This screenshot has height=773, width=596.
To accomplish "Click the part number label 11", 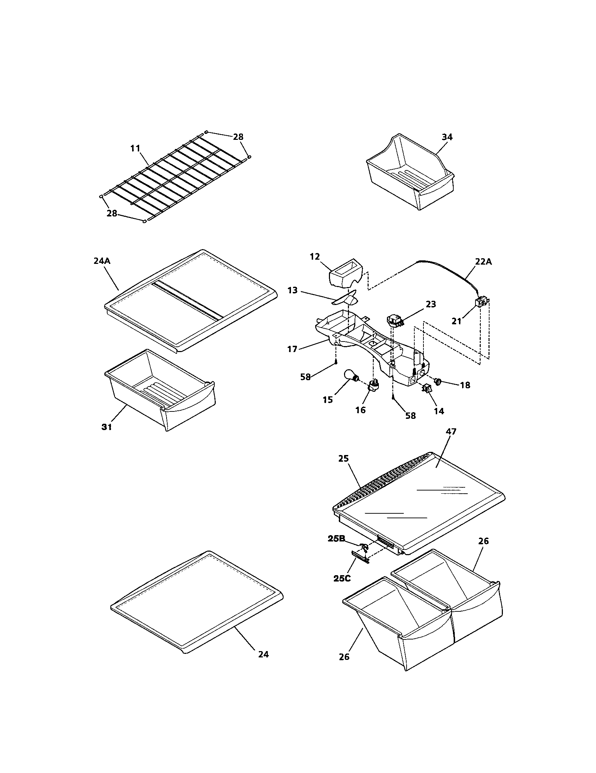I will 135,148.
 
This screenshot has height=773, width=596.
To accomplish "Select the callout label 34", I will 447,137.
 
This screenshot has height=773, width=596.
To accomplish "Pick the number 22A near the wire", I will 483,261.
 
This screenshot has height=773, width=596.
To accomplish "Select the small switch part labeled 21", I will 481,303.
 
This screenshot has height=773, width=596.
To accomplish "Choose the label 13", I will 292,291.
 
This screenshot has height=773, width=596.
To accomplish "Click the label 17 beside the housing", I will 292,349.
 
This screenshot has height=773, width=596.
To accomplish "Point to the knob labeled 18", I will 438,382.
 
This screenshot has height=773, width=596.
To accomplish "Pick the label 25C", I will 342,578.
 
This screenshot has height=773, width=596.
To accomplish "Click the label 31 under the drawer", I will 106,427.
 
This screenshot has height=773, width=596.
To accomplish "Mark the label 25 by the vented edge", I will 343,458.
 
